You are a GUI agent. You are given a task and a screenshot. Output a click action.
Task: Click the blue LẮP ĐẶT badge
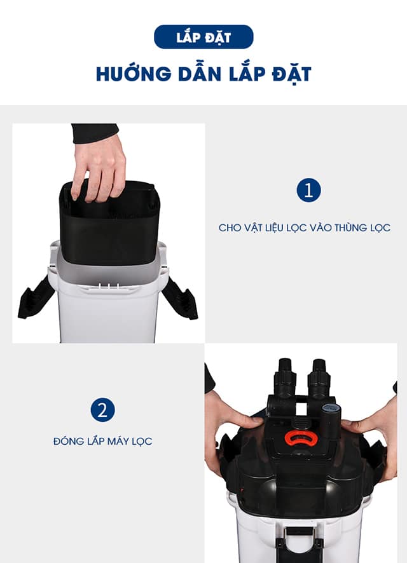203,37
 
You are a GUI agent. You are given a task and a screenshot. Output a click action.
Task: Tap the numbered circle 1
308,190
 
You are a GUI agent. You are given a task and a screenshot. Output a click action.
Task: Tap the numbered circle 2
102,410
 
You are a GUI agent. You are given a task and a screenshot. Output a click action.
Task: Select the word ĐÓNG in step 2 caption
69,441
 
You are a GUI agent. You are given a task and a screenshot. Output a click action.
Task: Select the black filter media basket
109,226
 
